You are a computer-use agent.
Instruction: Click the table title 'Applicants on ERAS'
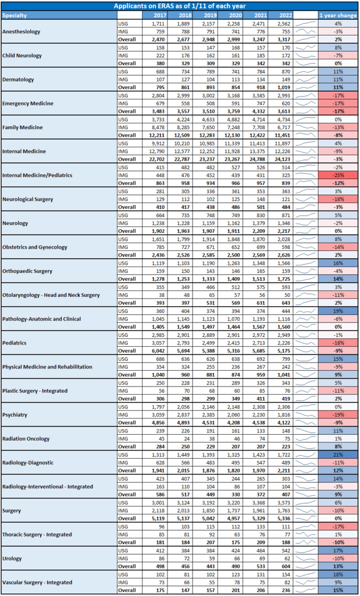[x=180, y=6]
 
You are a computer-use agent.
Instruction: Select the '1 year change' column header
[x=338, y=15]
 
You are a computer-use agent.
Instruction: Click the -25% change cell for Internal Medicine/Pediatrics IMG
[x=338, y=176]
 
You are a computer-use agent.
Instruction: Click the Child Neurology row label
[x=24, y=55]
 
